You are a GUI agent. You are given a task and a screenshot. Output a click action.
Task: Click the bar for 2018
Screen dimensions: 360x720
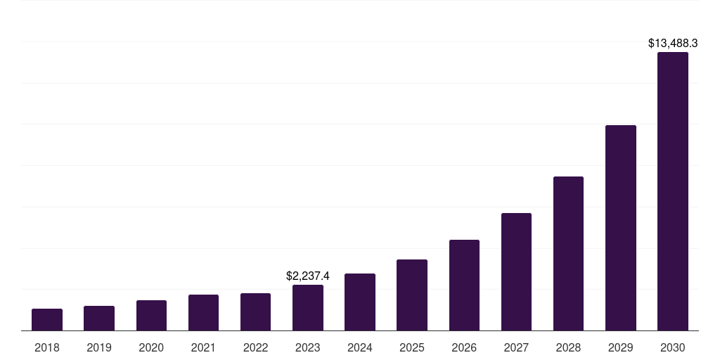[47, 320]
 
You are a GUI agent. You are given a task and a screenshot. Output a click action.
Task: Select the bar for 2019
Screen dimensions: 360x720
[99, 319]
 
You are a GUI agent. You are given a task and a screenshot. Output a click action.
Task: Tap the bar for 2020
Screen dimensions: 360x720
[151, 316]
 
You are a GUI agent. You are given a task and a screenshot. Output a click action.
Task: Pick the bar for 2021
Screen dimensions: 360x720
[203, 313]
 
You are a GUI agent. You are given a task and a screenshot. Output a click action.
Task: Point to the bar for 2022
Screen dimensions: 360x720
[255, 312]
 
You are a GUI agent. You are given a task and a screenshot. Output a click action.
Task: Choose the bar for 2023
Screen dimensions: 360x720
[308, 308]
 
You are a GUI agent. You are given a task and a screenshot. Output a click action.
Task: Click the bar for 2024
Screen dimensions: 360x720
[360, 302]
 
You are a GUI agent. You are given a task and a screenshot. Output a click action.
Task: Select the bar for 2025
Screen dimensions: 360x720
[412, 295]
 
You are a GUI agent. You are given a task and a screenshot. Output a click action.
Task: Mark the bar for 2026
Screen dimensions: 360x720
[464, 285]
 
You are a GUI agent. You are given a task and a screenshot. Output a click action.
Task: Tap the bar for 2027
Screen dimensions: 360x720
[516, 272]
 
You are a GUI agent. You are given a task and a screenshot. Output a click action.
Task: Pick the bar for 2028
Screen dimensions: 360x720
[568, 254]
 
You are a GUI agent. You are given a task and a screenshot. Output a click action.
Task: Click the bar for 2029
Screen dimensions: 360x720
[621, 228]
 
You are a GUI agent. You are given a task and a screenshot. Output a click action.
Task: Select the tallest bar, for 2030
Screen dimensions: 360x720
[673, 191]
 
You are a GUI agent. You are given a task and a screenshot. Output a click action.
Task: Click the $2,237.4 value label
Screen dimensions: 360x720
[308, 276]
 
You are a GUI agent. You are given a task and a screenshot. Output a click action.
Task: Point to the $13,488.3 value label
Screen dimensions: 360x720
[673, 44]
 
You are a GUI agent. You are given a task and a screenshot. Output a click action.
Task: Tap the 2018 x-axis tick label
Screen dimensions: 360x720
[47, 347]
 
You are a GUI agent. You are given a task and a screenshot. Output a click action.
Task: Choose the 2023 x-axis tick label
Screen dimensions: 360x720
[308, 347]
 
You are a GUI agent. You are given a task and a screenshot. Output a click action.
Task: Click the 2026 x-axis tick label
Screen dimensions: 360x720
[464, 347]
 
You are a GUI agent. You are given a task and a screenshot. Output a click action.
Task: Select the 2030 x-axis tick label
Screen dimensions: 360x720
[673, 347]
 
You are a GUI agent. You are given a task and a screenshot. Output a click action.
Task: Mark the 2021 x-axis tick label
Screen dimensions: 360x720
[203, 347]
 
